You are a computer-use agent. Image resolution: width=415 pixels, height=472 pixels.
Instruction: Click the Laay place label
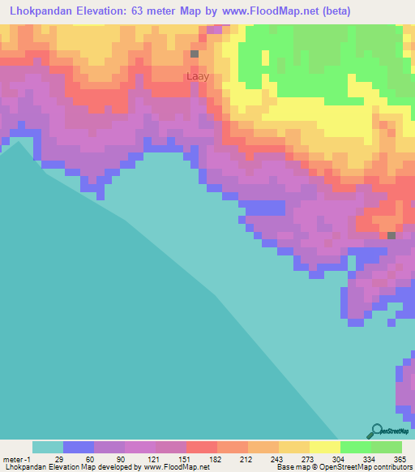pyautogui.click(x=198, y=77)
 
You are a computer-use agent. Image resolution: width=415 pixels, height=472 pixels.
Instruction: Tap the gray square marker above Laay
pyautogui.click(x=195, y=54)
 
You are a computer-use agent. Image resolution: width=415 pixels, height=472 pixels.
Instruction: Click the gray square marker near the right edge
pyautogui.click(x=391, y=236)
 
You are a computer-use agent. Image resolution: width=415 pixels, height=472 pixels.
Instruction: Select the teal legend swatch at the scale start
pyautogui.click(x=48, y=447)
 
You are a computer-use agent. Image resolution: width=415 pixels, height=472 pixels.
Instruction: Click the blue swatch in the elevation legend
pyautogui.click(x=79, y=447)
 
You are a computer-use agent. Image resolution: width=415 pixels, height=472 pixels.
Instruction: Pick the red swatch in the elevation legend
pyautogui.click(x=202, y=447)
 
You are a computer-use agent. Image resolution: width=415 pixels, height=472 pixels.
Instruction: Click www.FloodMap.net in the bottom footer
pyautogui.click(x=170, y=467)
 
